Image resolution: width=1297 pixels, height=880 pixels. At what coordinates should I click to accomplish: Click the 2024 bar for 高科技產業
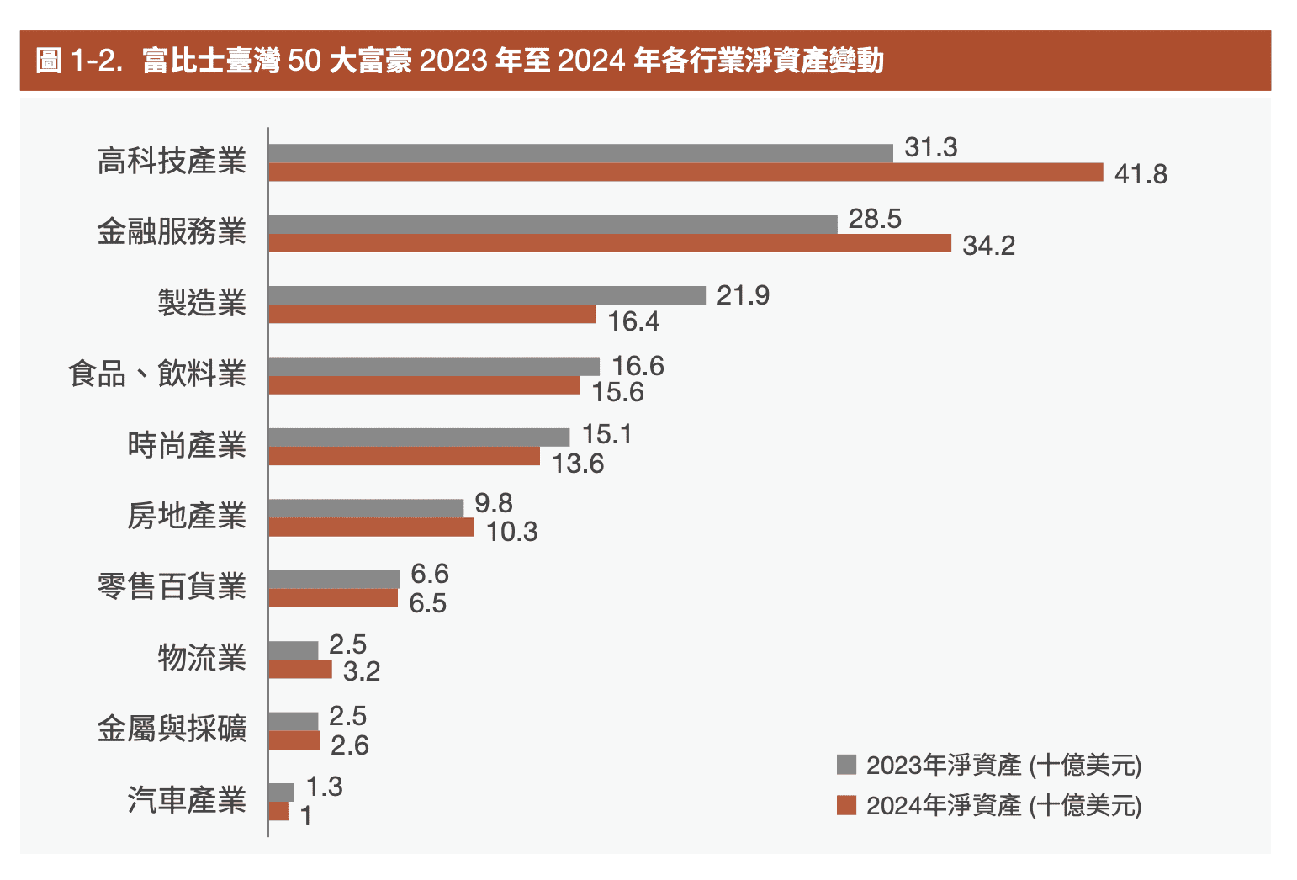(686, 172)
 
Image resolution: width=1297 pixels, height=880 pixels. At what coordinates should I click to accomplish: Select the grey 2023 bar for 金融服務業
(553, 225)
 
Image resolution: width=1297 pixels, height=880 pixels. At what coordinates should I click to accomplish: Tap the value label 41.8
(1141, 174)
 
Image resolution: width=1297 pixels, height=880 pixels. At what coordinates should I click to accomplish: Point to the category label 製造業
(202, 302)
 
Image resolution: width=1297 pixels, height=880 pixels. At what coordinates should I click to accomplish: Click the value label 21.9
(743, 295)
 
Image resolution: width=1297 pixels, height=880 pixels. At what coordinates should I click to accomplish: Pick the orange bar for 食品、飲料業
(424, 385)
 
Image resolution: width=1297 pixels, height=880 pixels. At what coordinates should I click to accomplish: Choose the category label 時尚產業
(187, 444)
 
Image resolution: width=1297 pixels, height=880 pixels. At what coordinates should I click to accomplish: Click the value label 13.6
(578, 464)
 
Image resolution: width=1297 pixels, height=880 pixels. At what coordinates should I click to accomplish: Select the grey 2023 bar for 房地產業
(366, 508)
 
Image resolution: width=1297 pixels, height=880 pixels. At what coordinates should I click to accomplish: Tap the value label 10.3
(511, 532)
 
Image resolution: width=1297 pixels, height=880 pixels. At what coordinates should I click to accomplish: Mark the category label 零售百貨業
(172, 586)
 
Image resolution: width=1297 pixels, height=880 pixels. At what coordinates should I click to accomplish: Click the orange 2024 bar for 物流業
(300, 670)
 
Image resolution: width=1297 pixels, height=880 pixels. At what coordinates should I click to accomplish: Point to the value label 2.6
(350, 745)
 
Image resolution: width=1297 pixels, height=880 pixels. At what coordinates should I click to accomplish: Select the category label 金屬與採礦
(172, 729)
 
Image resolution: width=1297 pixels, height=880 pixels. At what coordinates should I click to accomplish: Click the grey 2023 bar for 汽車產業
(281, 793)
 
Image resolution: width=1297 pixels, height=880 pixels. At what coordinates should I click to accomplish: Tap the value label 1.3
(324, 787)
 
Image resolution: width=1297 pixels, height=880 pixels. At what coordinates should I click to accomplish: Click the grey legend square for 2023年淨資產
(846, 765)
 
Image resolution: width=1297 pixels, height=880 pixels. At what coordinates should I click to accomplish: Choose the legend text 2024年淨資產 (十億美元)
(1003, 805)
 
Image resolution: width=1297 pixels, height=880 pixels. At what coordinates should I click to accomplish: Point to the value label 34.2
(988, 246)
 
